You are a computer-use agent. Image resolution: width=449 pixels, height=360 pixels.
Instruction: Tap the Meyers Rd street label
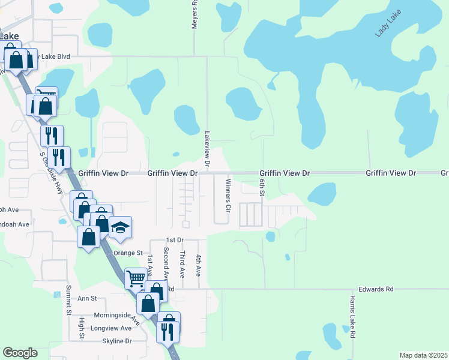point(195,11)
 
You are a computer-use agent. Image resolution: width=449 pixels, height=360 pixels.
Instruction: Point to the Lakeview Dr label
point(207,149)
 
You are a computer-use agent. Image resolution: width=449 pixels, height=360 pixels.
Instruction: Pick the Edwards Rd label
point(377,289)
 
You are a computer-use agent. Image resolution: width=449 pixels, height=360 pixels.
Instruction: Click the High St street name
point(82,328)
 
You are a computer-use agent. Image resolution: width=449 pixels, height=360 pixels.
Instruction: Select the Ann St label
point(87,298)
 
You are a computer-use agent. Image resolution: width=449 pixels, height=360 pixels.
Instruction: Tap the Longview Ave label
point(110,328)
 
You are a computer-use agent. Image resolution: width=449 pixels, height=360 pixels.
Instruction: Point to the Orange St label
point(127,253)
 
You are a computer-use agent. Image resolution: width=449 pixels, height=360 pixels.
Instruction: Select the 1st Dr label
point(175,240)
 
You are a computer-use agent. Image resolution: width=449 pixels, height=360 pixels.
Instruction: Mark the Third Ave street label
point(182,264)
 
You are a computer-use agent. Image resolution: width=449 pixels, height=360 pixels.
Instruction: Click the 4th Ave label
point(198,265)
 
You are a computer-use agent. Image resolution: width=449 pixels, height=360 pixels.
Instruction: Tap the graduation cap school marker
point(120,227)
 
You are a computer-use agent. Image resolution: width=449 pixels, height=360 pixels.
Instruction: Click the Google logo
point(20,353)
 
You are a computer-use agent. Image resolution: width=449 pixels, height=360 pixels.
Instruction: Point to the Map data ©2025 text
point(423,355)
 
